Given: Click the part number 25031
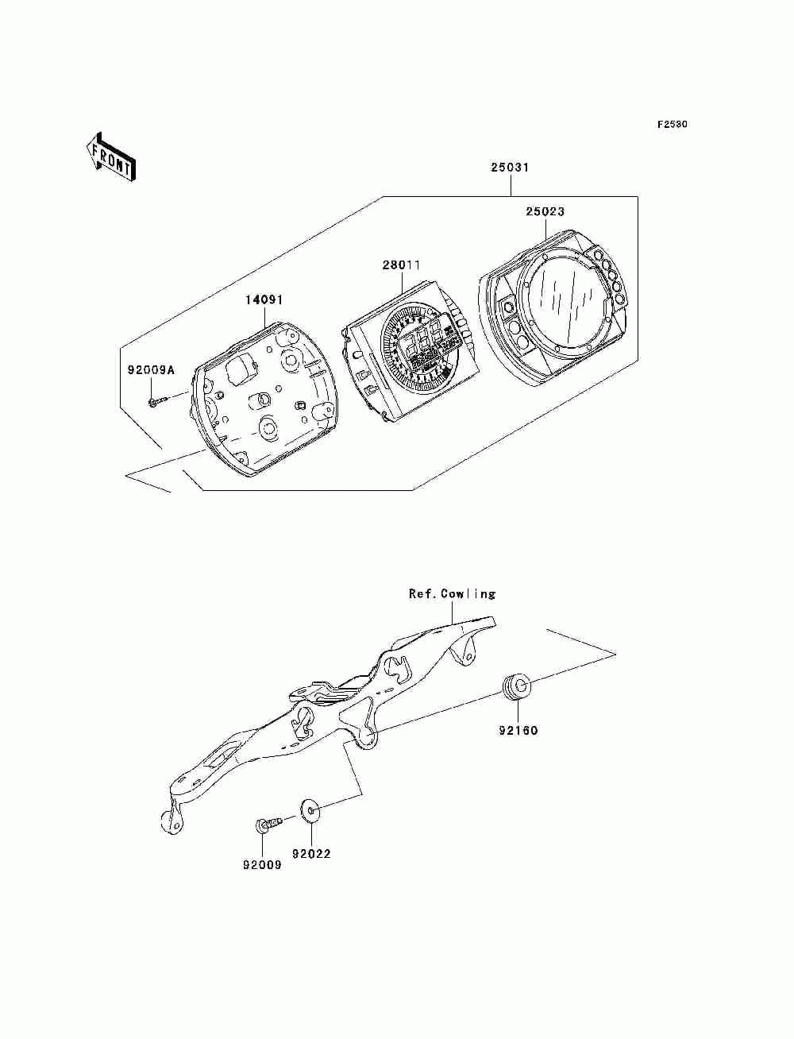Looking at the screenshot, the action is click(509, 168).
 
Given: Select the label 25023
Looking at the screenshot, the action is click(545, 211).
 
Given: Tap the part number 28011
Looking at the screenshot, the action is click(401, 265).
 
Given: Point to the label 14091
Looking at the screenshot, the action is click(264, 300).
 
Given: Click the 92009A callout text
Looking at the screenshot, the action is click(151, 370).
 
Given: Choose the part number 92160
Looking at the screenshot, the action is click(518, 731).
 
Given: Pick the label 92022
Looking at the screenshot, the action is click(311, 855).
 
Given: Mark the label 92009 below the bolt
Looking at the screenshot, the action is click(262, 865).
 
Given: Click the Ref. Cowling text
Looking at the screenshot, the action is click(452, 593).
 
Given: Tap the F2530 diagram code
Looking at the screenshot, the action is click(672, 125).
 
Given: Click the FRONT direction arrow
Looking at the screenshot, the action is click(111, 157).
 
